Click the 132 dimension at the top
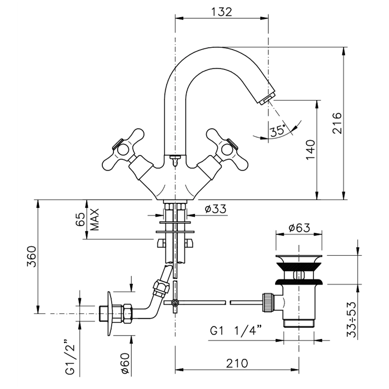222,12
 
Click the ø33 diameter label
215,210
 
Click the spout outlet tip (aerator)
266,99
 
